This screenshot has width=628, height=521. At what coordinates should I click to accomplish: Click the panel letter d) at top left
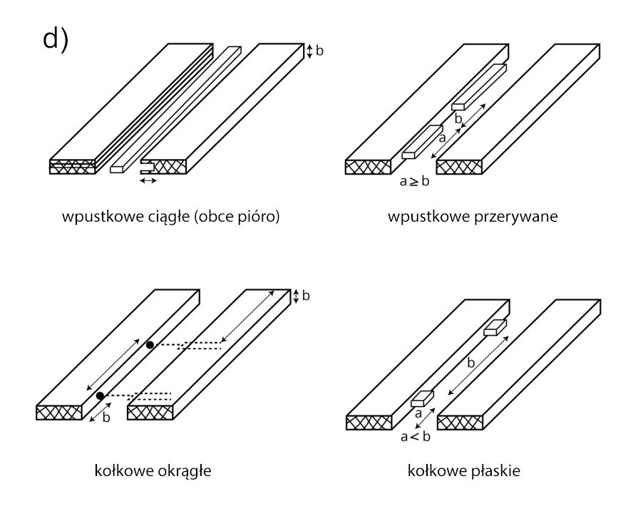point(56,39)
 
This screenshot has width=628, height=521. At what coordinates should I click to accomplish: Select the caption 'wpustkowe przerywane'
point(473,216)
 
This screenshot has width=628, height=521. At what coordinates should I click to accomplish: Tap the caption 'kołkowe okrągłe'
point(153,470)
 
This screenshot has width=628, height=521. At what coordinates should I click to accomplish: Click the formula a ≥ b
point(414,182)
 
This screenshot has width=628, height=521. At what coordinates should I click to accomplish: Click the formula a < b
point(415,437)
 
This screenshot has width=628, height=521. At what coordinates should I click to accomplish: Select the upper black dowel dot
point(150,345)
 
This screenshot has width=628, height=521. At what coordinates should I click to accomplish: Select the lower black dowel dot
point(100,395)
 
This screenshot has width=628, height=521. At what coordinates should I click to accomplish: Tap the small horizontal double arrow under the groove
point(148,182)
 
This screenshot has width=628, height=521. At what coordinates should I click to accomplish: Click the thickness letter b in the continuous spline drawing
point(319,51)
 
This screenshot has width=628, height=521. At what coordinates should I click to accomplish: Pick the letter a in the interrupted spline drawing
point(442,138)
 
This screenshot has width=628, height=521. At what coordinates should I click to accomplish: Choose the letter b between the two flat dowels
point(470,363)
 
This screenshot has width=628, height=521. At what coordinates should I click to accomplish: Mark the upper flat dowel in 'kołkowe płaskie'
point(494,327)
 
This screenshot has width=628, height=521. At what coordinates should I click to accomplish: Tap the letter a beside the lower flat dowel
point(418,413)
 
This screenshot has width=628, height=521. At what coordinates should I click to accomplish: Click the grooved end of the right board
point(149,167)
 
